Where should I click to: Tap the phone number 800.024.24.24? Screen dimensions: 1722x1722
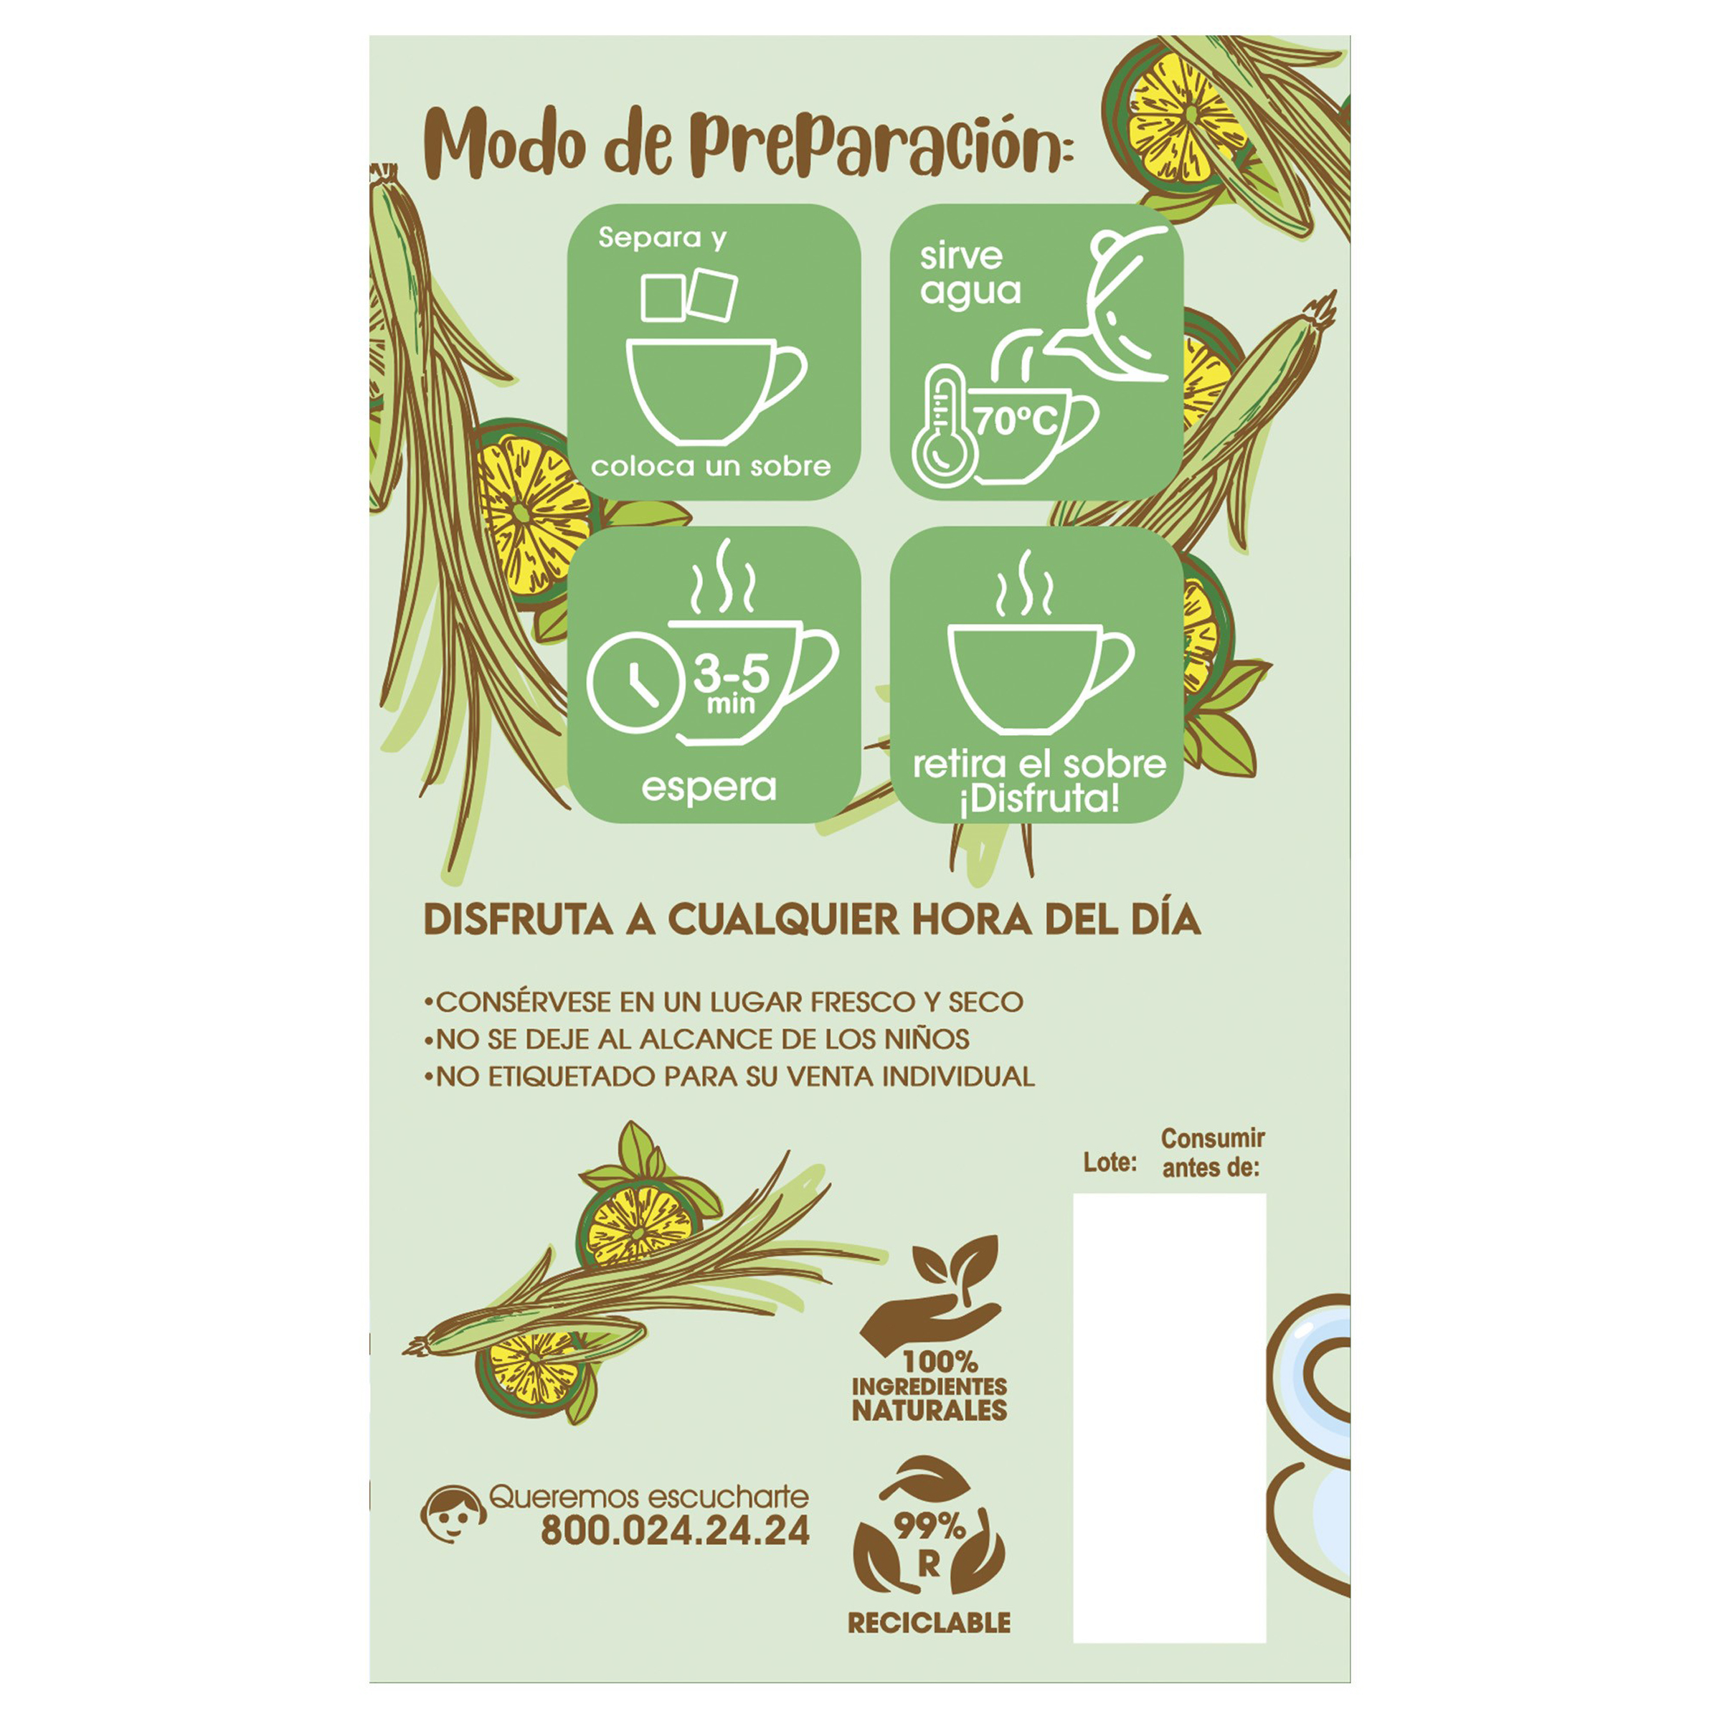click(x=675, y=1531)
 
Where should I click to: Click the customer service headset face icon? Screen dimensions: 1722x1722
click(x=453, y=1514)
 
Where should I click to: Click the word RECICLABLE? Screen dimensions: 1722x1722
click(x=929, y=1622)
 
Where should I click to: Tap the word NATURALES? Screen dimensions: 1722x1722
click(x=929, y=1410)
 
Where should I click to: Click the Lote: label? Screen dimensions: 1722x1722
click(x=1110, y=1163)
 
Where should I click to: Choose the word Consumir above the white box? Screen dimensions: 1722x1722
click(x=1213, y=1138)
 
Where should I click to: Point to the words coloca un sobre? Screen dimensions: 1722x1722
click(x=710, y=466)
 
